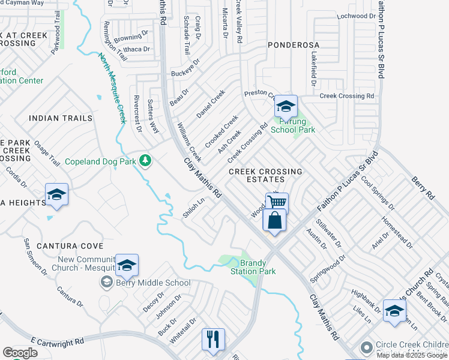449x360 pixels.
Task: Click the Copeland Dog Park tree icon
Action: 145,161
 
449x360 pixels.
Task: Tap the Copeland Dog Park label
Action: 100,161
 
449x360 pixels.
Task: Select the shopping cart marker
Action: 277,202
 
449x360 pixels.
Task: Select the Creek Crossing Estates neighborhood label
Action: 265,175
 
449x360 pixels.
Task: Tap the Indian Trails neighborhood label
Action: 60,118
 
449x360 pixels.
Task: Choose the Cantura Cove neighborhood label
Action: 70,246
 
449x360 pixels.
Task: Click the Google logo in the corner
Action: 20,353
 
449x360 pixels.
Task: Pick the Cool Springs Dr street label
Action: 377,192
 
